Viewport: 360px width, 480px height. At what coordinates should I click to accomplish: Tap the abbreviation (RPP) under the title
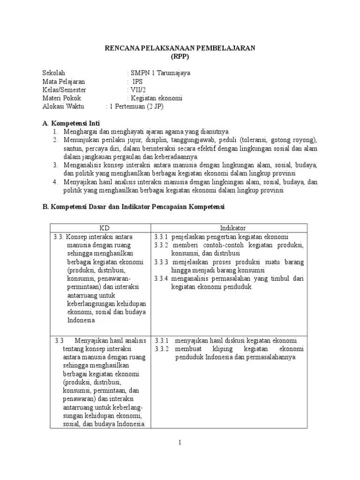(180, 56)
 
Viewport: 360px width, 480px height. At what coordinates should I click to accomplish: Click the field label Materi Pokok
(61, 98)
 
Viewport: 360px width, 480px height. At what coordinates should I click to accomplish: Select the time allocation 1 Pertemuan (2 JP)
(136, 106)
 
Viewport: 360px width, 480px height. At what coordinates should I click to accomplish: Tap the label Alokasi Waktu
(63, 106)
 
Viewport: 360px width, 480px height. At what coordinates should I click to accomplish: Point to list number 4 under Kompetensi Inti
(55, 182)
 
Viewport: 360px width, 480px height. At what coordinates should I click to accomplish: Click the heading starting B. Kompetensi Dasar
(134, 207)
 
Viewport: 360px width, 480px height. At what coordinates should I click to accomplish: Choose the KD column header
(100, 228)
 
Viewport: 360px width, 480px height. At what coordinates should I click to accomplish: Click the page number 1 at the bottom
(180, 443)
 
